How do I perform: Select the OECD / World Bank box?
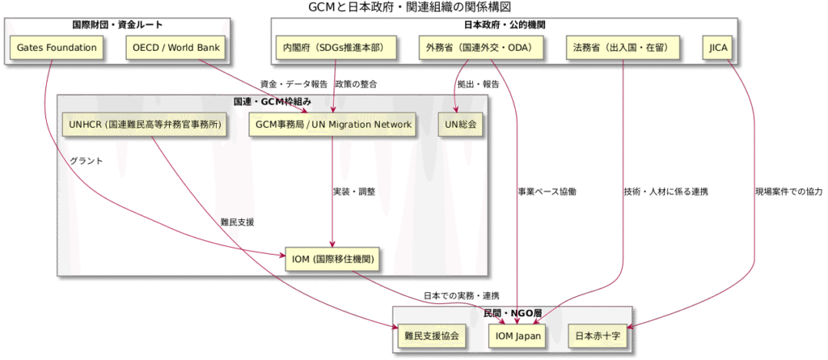(x=174, y=49)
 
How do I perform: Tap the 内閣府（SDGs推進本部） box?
(x=335, y=49)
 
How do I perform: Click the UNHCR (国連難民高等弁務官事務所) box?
(x=145, y=125)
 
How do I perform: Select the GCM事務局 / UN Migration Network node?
(x=334, y=125)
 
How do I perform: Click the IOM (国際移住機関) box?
(x=332, y=259)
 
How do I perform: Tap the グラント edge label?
(x=87, y=161)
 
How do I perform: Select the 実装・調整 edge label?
(x=354, y=192)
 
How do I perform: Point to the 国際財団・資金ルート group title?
(x=118, y=25)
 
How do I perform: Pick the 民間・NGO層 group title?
(x=512, y=312)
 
